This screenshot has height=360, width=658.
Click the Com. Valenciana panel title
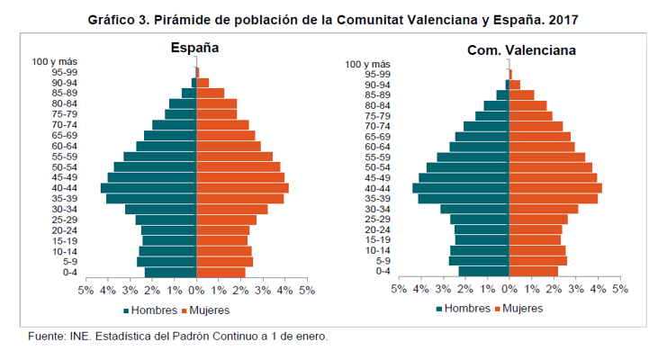click(x=509, y=49)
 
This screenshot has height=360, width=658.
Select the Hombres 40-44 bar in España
click(x=149, y=188)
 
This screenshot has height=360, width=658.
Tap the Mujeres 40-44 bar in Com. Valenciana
click(x=555, y=188)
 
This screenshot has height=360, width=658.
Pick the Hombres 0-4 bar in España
click(x=170, y=273)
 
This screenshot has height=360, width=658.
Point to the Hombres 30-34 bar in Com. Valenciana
click(x=474, y=209)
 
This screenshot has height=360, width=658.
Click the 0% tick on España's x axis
click(x=196, y=292)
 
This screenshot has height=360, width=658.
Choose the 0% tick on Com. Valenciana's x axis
click(x=509, y=291)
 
